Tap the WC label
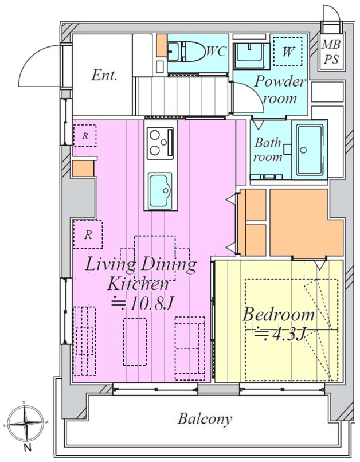(216, 51)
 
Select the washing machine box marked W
(288, 51)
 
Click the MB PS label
(331, 52)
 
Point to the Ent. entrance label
(104, 75)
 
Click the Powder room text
(279, 89)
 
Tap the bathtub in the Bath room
(310, 150)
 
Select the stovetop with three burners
(161, 143)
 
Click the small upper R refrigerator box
(85, 136)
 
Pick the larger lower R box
(88, 234)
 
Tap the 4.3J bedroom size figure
(279, 334)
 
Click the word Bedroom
(279, 315)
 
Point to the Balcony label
(205, 419)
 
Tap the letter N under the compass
(28, 448)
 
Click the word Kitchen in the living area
(138, 284)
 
